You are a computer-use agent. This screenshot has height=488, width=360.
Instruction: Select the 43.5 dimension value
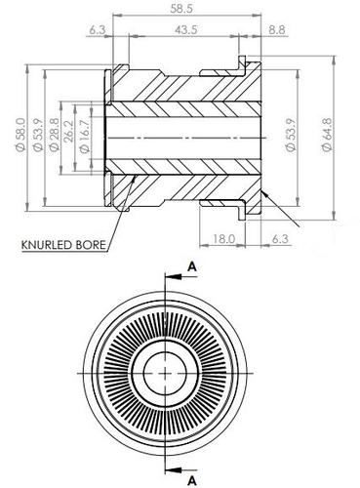(x=182, y=31)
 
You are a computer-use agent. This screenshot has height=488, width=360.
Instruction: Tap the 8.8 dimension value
(x=276, y=31)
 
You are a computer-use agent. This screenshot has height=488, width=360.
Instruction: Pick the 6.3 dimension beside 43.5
(x=97, y=31)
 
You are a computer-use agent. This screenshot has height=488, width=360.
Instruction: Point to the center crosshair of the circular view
(x=170, y=374)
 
